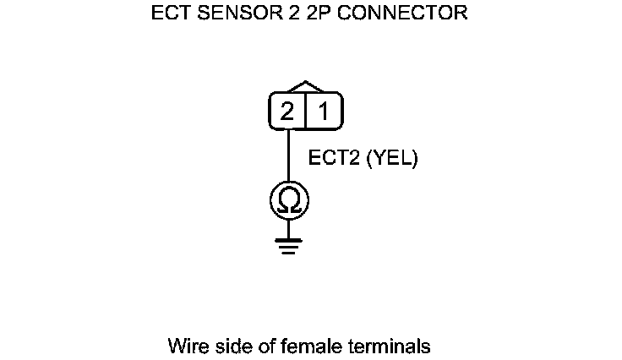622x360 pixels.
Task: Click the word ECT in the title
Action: pyautogui.click(x=169, y=14)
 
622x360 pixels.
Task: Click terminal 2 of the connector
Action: pyautogui.click(x=287, y=112)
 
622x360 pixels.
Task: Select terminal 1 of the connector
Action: pyautogui.click(x=324, y=112)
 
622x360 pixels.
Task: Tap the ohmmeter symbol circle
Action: pyautogui.click(x=289, y=200)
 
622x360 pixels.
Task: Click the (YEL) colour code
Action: pyautogui.click(x=392, y=158)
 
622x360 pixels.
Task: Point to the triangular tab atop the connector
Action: pyautogui.click(x=306, y=86)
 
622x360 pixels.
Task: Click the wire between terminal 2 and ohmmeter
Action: pyautogui.click(x=289, y=156)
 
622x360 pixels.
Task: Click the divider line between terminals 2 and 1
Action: pyautogui.click(x=305, y=112)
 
